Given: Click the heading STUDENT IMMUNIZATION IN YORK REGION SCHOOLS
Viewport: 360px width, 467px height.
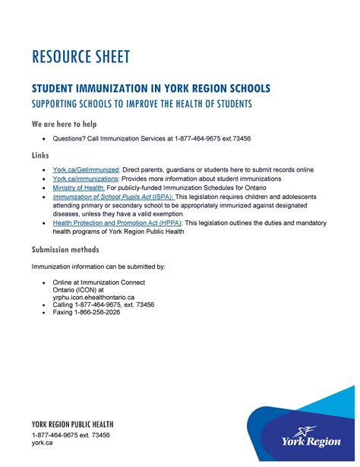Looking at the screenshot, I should [x=150, y=89].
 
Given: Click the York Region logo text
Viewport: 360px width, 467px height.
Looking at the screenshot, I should [x=311, y=440].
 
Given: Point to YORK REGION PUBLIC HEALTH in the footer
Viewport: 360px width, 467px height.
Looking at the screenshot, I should [x=73, y=424].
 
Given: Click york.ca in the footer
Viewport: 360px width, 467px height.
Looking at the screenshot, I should [x=42, y=443].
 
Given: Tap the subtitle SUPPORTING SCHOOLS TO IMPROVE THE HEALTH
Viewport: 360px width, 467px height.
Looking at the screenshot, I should [x=141, y=103].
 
